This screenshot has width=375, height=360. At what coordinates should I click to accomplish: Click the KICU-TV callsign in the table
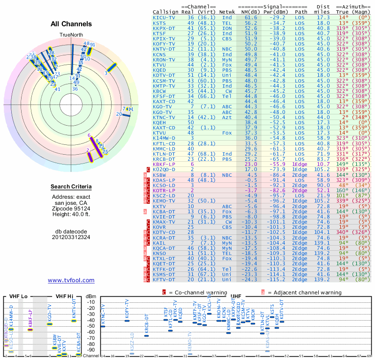click(x=164, y=17)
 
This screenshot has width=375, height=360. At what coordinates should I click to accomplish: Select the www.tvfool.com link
click(x=71, y=280)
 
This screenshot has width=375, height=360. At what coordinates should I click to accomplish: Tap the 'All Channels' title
click(x=71, y=24)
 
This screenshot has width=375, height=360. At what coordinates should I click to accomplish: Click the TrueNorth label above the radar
click(x=71, y=35)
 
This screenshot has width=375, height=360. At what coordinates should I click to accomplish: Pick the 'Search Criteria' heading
click(x=71, y=187)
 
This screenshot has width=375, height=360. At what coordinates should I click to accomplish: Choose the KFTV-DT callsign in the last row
click(x=164, y=279)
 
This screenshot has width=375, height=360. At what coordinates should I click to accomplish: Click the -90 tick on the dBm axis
click(x=90, y=350)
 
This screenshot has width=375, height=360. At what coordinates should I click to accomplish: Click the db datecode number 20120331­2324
click(x=71, y=237)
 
